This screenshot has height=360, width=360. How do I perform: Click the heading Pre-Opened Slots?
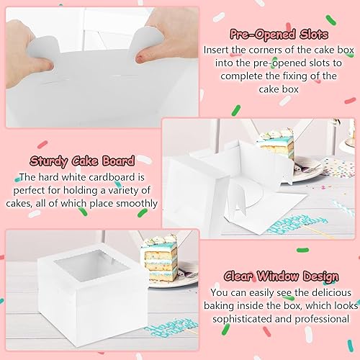pyautogui.click(x=279, y=35)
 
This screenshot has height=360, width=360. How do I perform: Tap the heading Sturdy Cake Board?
pyautogui.click(x=82, y=161)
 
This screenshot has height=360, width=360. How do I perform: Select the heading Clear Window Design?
pyautogui.click(x=281, y=276)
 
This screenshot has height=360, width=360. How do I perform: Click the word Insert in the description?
pyautogui.click(x=217, y=50)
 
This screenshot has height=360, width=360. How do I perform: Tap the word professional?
pyautogui.click(x=322, y=319)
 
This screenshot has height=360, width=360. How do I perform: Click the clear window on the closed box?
pyautogui.click(x=91, y=266)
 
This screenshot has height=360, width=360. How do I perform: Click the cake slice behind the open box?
pyautogui.click(x=276, y=142)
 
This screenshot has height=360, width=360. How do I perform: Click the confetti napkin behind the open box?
pyautogui.click(x=338, y=167)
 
